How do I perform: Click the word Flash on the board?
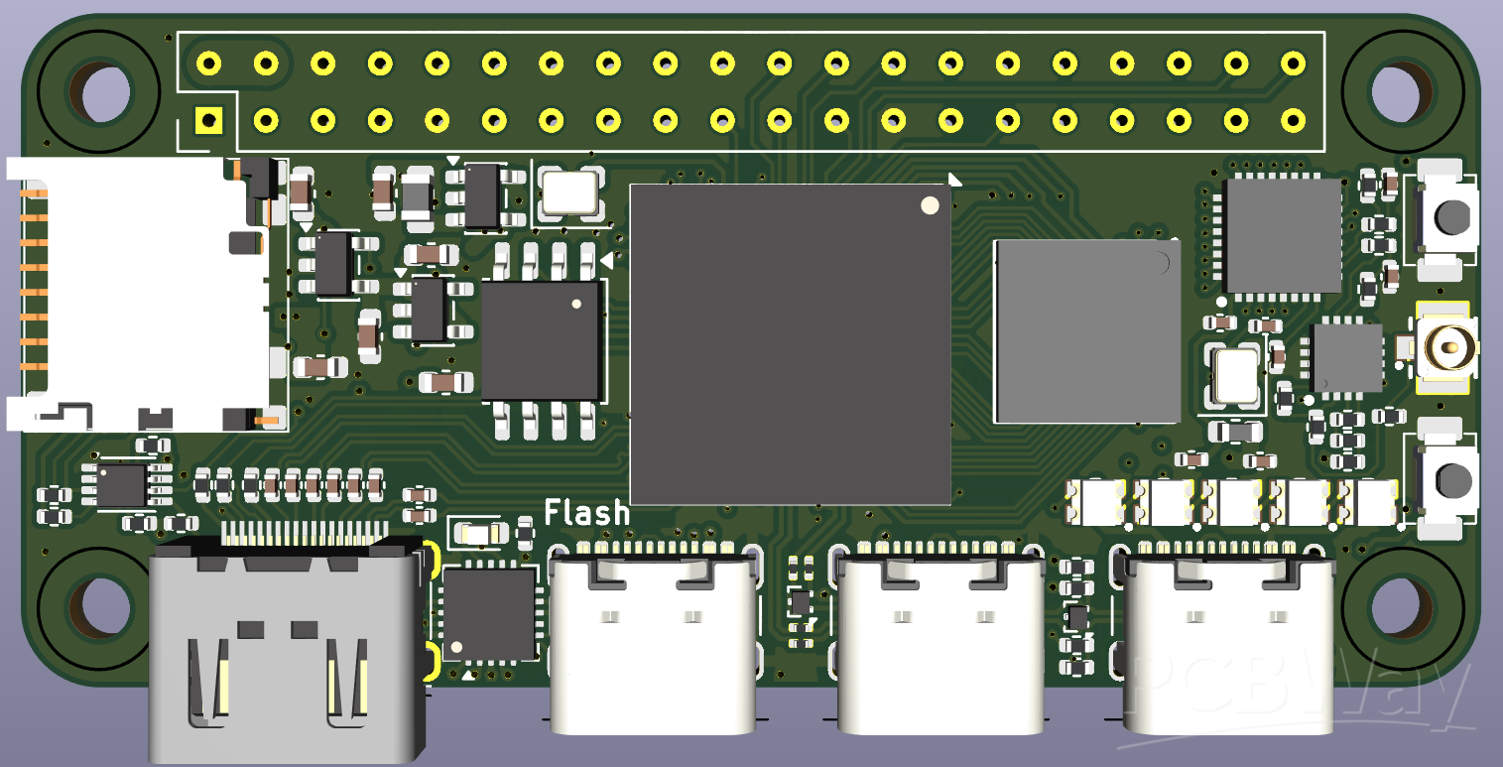(x=586, y=513)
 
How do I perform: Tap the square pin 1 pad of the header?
(x=208, y=121)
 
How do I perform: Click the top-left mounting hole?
(x=99, y=92)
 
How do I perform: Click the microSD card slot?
(x=139, y=295)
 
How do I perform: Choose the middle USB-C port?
(x=939, y=640)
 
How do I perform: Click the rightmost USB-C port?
(x=1226, y=640)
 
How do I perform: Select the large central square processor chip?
(x=791, y=343)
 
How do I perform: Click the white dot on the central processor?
(x=930, y=205)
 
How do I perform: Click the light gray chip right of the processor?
(x=1087, y=330)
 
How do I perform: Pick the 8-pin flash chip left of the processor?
(x=542, y=340)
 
